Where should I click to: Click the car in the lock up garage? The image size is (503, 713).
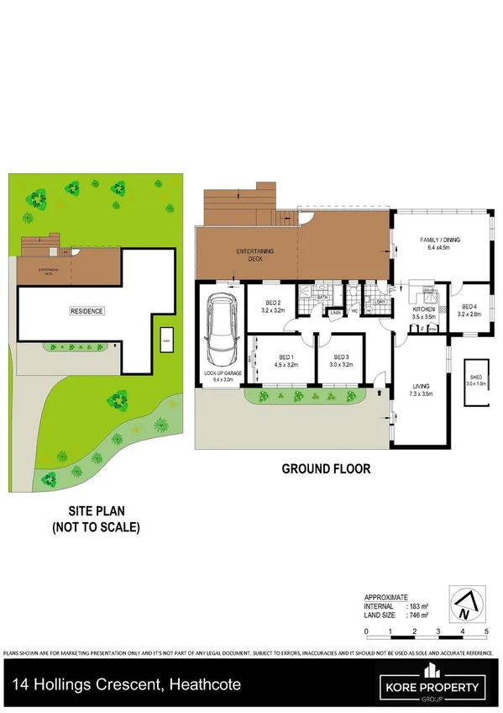point(220,328)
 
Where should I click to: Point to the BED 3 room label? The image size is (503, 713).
point(338,362)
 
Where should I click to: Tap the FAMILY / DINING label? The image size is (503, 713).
point(439,244)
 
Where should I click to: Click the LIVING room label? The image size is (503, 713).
point(420,390)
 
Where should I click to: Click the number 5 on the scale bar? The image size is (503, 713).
point(486,630)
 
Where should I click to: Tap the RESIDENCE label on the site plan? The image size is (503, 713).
point(86,311)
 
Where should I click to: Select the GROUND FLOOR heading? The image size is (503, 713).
point(325,469)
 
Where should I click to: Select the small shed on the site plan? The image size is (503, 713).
point(166,341)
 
